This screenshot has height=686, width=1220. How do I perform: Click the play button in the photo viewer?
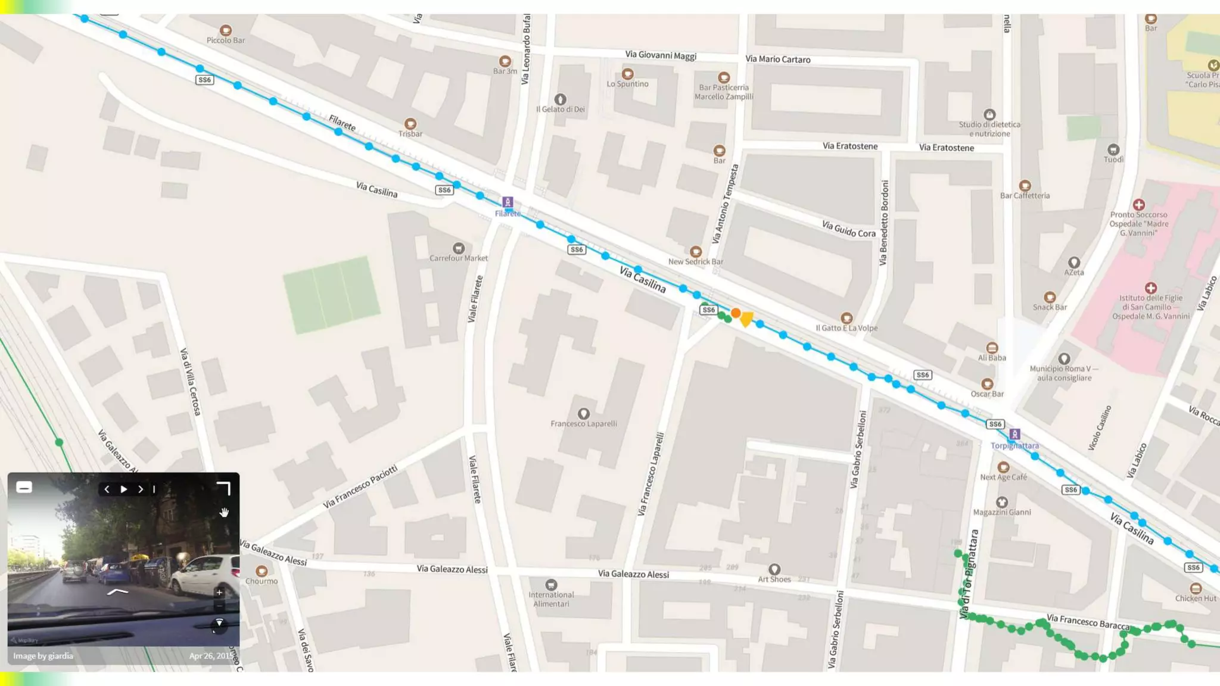(124, 489)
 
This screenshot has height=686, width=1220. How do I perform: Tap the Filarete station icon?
(507, 202)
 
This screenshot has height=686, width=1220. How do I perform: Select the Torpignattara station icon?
(1014, 435)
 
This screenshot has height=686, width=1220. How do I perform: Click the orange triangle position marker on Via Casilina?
(746, 319)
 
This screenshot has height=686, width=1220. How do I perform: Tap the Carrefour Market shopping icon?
(458, 248)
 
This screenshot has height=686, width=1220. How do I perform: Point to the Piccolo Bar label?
(225, 40)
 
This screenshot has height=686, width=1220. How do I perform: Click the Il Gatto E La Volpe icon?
(846, 318)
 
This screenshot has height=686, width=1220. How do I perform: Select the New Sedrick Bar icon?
(695, 252)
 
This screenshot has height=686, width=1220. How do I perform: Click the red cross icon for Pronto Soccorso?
(1138, 205)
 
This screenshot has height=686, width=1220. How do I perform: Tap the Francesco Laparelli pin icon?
(583, 414)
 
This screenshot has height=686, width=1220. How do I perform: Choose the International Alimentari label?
(551, 599)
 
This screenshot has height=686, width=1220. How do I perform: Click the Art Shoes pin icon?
(774, 569)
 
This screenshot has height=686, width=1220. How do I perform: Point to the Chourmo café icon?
(261, 572)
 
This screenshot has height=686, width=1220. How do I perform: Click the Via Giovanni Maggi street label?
(660, 55)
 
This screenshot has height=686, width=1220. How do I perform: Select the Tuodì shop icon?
(1113, 149)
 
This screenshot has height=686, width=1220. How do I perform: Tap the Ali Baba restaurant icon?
(991, 348)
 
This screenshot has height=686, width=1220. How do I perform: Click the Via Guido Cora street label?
(848, 229)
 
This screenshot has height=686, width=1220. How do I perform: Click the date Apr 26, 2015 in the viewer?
(211, 656)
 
